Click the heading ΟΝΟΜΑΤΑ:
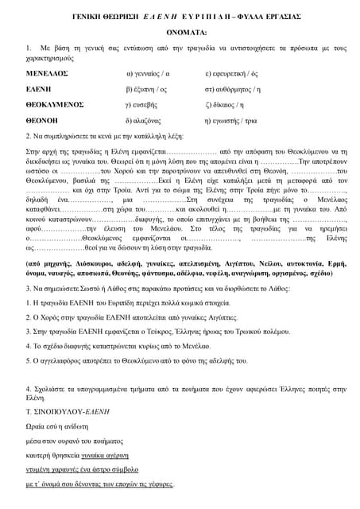[180, 32]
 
